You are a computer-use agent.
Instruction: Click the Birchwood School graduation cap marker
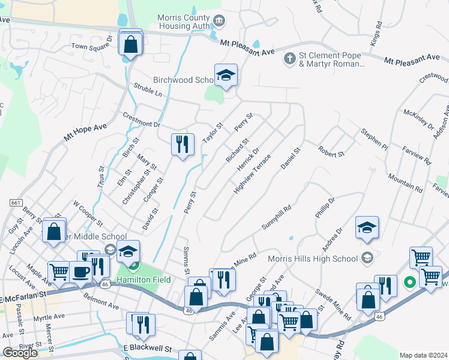(226, 75)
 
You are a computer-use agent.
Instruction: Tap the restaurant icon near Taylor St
(182, 144)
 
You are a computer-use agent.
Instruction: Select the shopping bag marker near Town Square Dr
(130, 43)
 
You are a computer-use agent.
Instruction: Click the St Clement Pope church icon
(289, 59)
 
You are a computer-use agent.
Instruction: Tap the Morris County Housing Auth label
(184, 23)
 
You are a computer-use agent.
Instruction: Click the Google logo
(20, 353)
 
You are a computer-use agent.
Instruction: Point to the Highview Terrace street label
(252, 174)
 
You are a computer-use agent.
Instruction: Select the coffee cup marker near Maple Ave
(81, 272)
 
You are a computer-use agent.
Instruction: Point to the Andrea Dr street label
(331, 239)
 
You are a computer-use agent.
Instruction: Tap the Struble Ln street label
(148, 90)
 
